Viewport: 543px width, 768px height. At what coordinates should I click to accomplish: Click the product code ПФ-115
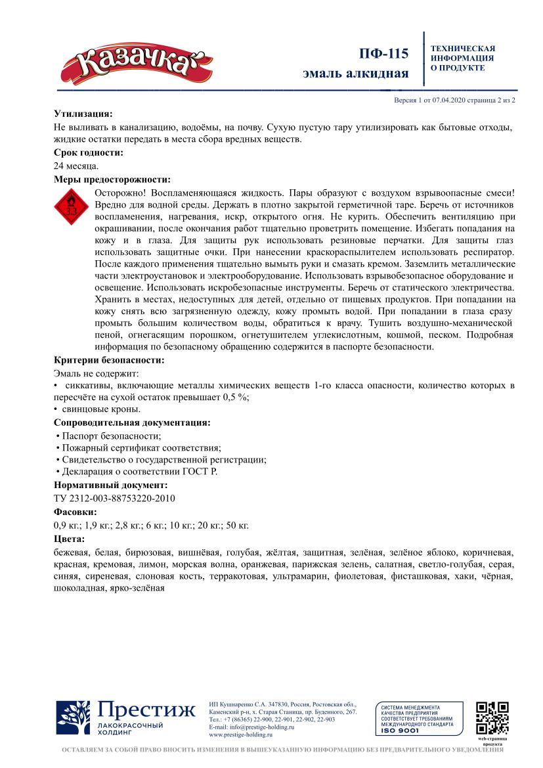tap(384, 54)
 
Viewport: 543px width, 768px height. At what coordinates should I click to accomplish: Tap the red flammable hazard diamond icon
tap(71, 208)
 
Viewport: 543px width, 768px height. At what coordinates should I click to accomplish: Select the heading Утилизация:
tap(83, 113)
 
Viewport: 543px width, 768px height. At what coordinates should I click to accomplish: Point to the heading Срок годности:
tap(89, 152)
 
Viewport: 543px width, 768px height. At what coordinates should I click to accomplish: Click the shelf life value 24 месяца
tap(76, 166)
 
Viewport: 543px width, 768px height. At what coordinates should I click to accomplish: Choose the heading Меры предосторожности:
tap(112, 179)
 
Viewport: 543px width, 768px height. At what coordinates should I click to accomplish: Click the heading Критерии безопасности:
tap(109, 360)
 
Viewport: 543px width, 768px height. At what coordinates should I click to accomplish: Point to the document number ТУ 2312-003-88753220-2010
tap(114, 498)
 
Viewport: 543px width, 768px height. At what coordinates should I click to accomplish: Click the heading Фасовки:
tap(76, 512)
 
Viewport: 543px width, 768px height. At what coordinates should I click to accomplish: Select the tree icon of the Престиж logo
tap(73, 718)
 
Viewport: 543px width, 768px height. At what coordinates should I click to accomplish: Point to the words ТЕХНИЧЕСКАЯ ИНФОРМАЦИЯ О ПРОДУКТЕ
tap(463, 58)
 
